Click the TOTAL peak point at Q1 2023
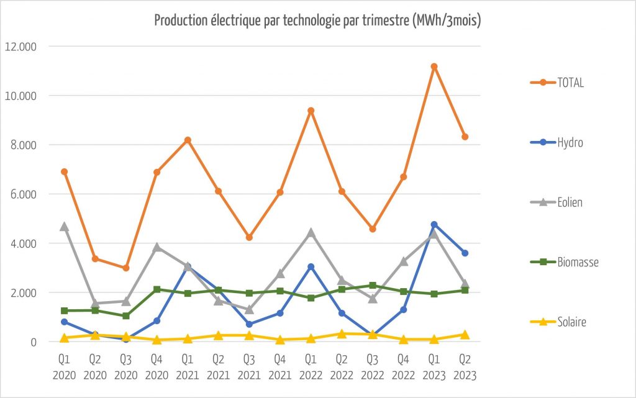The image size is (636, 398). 434,66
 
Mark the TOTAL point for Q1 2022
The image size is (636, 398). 311,111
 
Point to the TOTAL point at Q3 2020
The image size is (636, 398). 125,268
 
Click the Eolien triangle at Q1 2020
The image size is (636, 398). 64,227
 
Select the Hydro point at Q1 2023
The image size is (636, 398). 434,224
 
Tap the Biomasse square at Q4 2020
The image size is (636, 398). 157,289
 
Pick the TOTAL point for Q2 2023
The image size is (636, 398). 465,137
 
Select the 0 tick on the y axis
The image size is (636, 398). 34,341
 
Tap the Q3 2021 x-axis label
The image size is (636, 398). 249,367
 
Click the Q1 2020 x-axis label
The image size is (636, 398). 64,367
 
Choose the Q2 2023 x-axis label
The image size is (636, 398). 465,367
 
